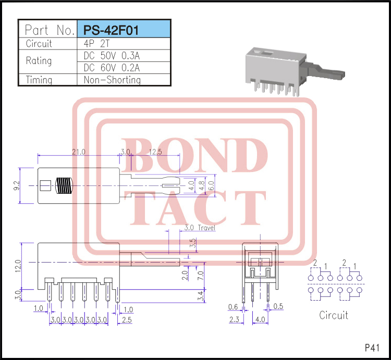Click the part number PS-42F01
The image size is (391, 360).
(x=109, y=30)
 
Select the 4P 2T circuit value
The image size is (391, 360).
(x=97, y=44)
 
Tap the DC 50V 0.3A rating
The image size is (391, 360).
(x=112, y=56)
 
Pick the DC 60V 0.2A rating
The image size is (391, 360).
(x=112, y=68)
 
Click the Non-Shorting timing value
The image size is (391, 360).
(x=112, y=80)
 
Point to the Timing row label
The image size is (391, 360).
(x=39, y=80)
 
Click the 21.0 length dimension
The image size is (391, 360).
(x=79, y=152)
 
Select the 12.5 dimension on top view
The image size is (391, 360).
(x=155, y=152)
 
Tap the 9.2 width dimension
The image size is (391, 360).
(x=17, y=185)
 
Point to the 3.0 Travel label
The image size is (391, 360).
(x=200, y=228)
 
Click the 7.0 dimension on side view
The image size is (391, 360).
(x=201, y=275)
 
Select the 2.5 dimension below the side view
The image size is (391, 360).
(x=127, y=319)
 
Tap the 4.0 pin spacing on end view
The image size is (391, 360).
(x=260, y=319)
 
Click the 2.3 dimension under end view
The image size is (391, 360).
(x=234, y=319)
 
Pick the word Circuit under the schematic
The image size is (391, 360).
(x=333, y=315)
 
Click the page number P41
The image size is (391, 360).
(x=372, y=347)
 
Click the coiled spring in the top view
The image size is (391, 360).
(x=63, y=185)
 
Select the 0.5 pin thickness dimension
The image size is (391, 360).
(x=278, y=306)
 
